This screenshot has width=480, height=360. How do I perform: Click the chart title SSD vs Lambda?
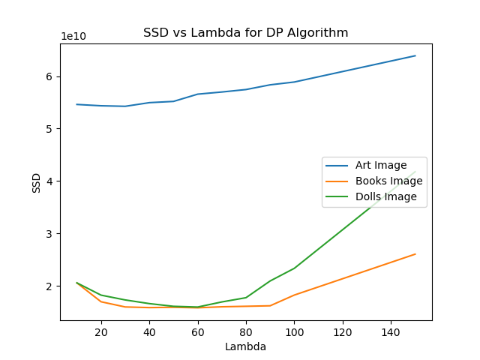246,33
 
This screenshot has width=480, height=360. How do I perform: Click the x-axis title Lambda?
246,346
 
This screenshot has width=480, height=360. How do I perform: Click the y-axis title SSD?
37,182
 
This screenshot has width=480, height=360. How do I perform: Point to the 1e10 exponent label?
73,37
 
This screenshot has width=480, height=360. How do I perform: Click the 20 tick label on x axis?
101,331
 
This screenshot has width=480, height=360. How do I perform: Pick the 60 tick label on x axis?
198,331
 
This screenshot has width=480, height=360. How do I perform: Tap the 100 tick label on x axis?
294,331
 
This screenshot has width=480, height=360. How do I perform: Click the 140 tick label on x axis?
391,331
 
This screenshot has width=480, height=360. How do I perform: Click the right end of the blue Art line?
415,55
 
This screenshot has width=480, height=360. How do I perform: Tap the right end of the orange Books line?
415,254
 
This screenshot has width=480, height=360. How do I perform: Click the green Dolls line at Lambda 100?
294,268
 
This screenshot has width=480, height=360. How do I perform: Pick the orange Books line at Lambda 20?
101,301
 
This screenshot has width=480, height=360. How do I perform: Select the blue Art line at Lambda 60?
198,94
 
